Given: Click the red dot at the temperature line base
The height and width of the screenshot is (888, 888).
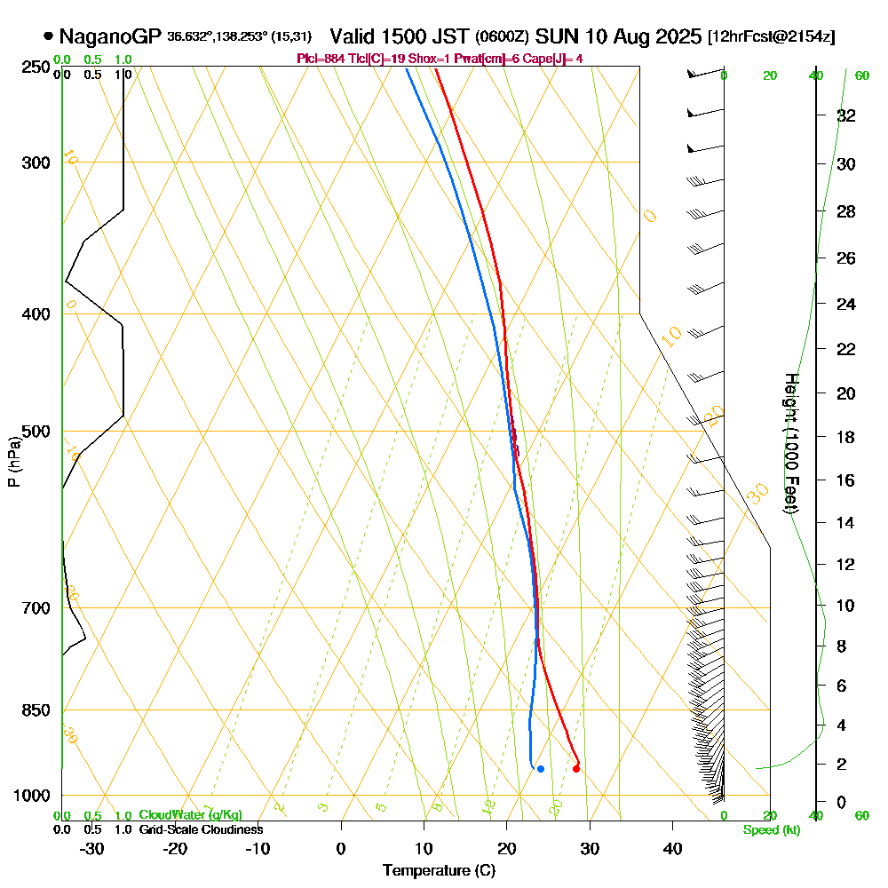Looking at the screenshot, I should (x=576, y=769).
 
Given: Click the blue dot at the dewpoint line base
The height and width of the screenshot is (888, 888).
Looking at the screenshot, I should (x=540, y=769).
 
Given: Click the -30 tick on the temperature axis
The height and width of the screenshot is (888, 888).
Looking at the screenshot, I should (x=91, y=849).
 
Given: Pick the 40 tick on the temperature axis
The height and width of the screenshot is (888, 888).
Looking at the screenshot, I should (x=672, y=849).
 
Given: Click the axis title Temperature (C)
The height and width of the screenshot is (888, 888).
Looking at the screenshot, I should (x=439, y=871).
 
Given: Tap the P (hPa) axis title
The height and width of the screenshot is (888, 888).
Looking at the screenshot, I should (x=13, y=462).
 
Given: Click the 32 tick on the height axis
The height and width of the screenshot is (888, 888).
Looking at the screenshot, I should (x=846, y=115).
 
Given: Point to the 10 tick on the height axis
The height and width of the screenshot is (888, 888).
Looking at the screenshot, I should (x=846, y=606).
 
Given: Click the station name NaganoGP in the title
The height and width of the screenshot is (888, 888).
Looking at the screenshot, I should (x=110, y=37).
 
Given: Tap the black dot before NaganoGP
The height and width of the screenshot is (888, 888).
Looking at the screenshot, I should (x=48, y=37).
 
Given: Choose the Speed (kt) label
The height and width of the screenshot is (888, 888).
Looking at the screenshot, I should (x=769, y=830).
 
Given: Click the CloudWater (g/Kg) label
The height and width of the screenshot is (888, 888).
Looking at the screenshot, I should (x=190, y=815).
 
